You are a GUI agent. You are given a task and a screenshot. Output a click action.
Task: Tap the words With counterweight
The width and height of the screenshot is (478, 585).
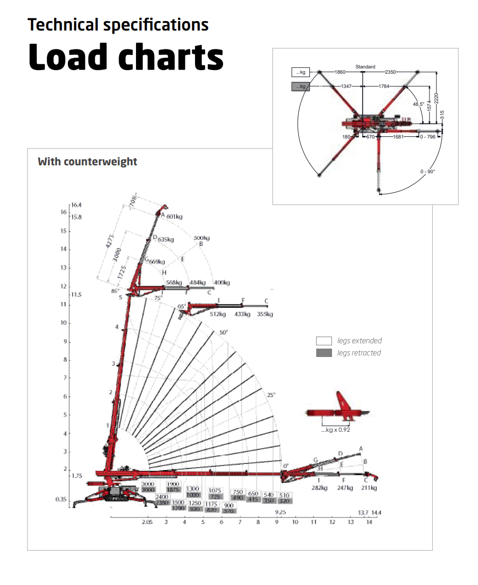87,162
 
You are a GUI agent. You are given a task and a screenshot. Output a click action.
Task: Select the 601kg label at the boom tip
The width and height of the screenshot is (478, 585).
174,216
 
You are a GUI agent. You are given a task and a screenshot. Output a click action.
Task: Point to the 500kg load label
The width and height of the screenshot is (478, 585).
201,238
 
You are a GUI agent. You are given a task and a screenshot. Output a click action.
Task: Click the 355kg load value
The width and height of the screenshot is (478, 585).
265,314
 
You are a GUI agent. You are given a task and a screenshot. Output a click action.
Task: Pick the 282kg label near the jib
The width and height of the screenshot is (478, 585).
319,488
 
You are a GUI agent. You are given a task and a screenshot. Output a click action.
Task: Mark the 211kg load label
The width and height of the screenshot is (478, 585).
369,488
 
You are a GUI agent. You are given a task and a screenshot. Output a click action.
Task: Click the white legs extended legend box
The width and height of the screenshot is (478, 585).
324,341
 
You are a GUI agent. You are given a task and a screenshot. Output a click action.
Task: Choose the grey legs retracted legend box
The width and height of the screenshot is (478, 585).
324,353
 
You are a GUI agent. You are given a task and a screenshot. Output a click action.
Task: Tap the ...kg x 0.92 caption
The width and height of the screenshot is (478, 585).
335,430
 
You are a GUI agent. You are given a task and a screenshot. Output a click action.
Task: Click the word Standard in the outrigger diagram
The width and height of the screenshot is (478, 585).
365,67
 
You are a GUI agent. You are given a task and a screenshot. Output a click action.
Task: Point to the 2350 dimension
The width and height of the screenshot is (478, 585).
391,72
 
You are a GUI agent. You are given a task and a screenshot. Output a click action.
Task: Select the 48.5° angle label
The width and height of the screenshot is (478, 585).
418,104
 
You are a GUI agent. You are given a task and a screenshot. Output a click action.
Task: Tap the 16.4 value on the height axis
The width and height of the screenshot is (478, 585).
76,204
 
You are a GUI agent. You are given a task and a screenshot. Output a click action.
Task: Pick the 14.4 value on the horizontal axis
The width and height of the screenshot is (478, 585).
376,512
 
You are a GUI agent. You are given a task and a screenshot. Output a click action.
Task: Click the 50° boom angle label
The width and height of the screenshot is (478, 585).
223,333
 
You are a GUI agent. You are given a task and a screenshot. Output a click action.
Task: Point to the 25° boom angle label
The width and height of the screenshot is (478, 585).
271,395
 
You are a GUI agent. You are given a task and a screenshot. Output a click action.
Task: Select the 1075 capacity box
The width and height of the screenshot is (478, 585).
214,490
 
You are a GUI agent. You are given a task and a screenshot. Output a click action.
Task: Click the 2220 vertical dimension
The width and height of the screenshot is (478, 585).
437,98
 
